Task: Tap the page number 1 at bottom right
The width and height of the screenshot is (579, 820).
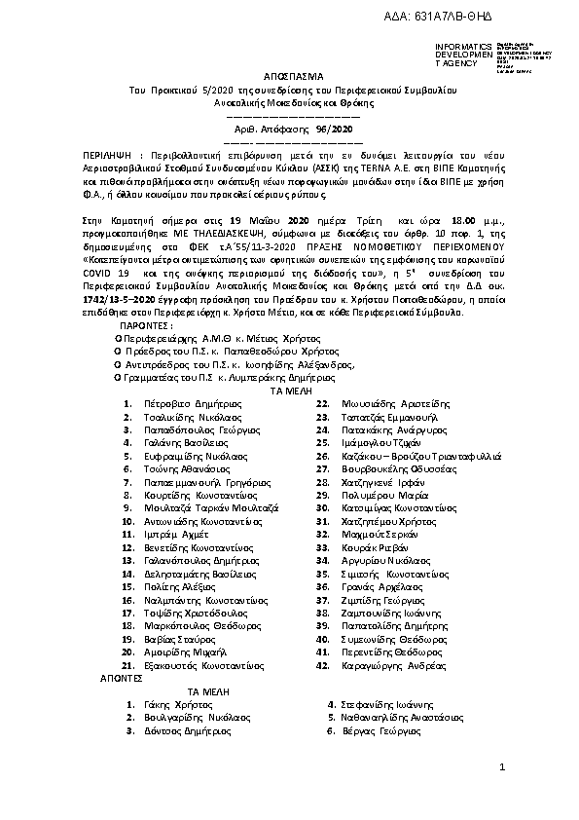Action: (x=503, y=768)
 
